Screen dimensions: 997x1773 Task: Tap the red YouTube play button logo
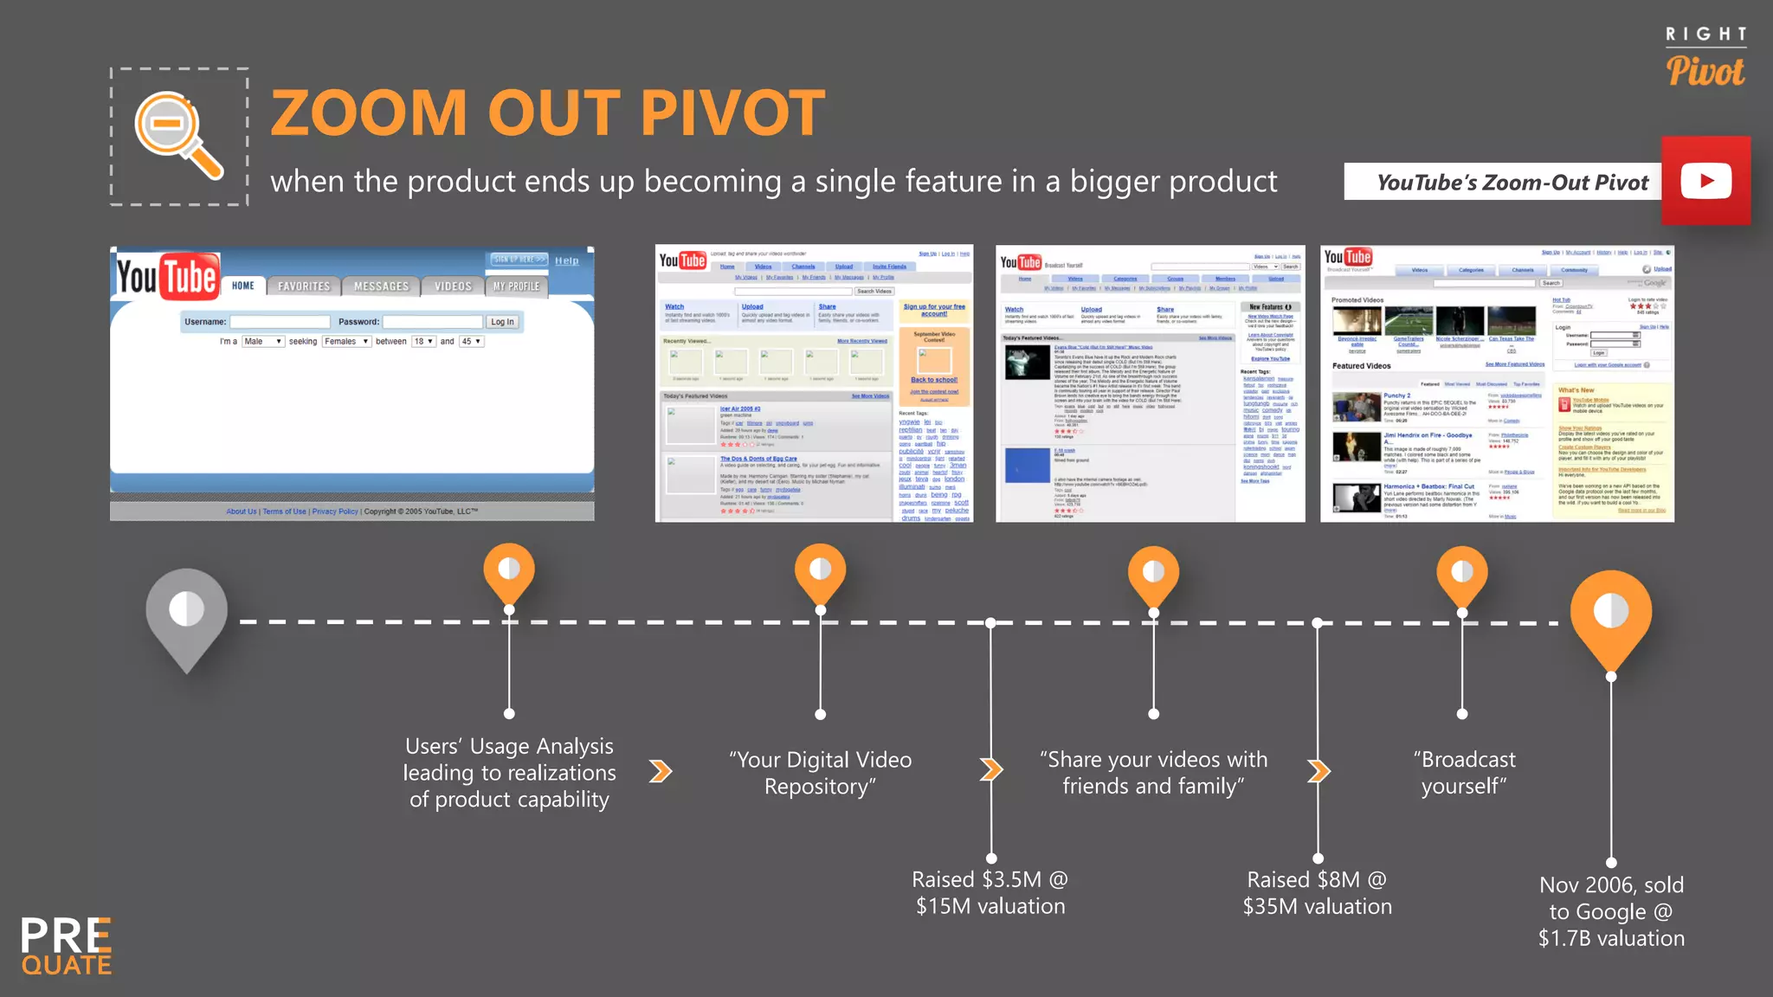(x=1705, y=181)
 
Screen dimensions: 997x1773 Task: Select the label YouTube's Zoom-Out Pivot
(x=1512, y=183)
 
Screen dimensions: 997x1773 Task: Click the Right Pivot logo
(x=1705, y=58)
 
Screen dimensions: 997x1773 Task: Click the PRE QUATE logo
(x=67, y=945)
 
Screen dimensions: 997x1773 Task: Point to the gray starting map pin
(x=186, y=616)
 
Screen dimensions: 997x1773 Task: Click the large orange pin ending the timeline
(x=1610, y=616)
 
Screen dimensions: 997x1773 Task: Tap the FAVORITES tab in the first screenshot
(x=303, y=286)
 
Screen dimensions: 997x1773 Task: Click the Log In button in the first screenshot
(x=502, y=322)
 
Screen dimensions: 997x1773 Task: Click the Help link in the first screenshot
(x=566, y=261)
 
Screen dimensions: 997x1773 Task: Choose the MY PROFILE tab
(x=516, y=286)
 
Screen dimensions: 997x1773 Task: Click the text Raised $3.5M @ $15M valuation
(x=990, y=892)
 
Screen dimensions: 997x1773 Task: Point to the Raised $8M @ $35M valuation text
(x=1317, y=892)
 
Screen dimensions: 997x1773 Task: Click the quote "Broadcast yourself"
(x=1464, y=772)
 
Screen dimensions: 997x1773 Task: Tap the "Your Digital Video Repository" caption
(x=820, y=772)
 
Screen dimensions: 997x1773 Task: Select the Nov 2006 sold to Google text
(x=1610, y=910)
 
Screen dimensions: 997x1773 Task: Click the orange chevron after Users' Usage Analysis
(x=661, y=770)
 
